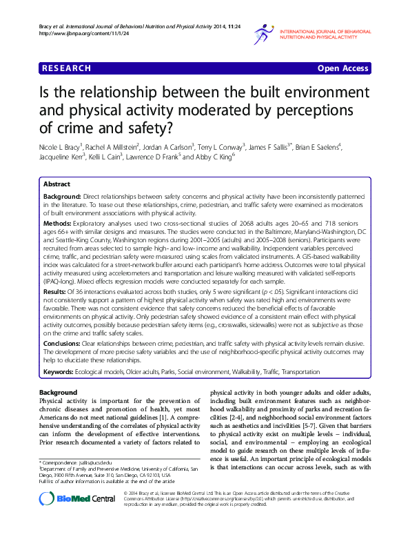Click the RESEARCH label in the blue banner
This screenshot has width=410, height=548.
click(x=66, y=69)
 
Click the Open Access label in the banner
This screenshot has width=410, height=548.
click(x=343, y=69)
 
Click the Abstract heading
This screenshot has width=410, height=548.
click(x=57, y=185)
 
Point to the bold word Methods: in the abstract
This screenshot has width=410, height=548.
click(x=58, y=225)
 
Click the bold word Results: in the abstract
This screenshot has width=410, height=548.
click(x=56, y=293)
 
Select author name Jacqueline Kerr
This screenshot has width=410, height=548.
click(x=61, y=157)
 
